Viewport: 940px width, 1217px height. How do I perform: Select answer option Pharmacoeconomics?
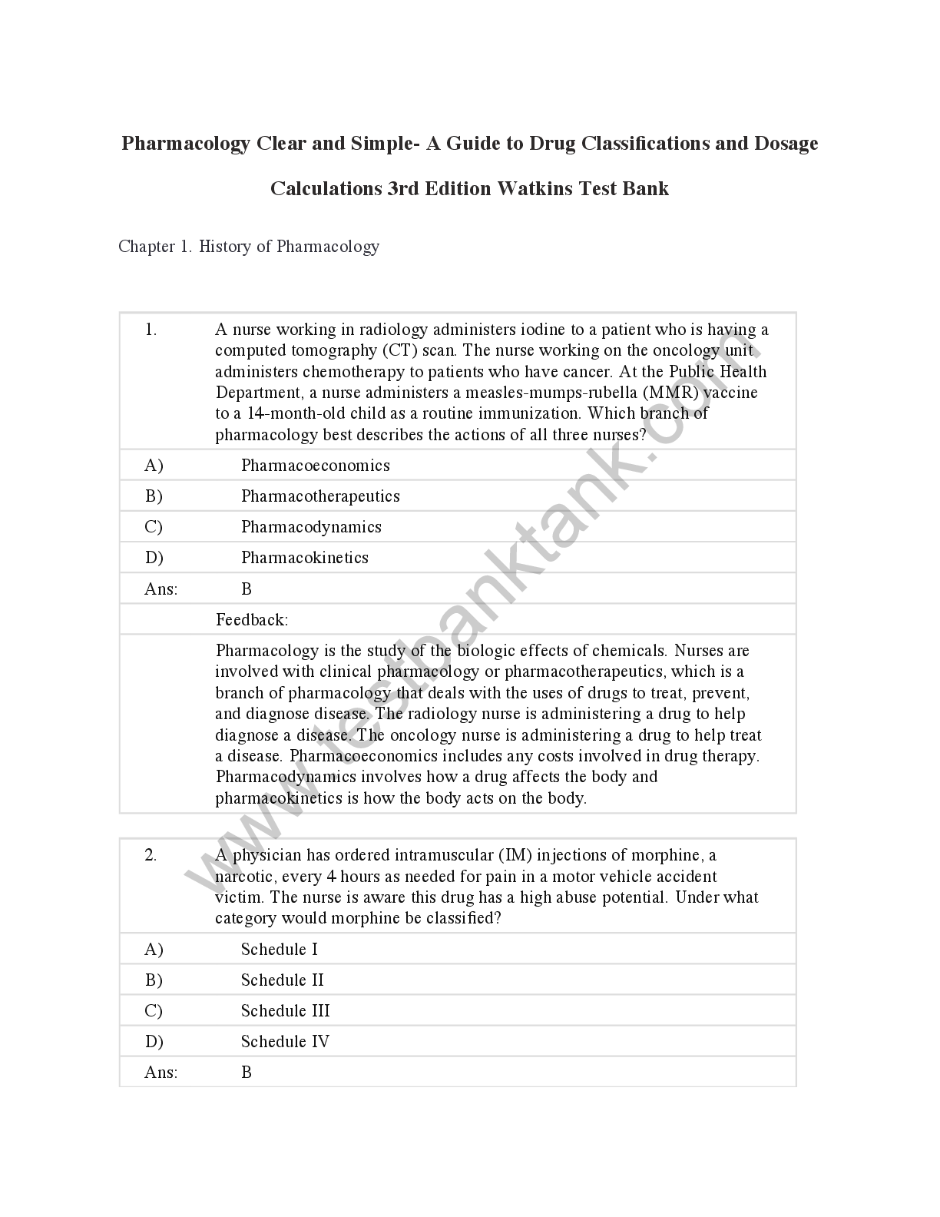pyautogui.click(x=315, y=466)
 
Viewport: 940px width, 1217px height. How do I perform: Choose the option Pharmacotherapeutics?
pyautogui.click(x=320, y=496)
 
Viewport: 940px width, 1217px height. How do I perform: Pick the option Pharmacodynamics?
pyautogui.click(x=311, y=527)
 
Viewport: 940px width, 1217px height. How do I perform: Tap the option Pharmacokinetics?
pyautogui.click(x=304, y=558)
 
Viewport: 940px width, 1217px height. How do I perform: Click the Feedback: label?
pyautogui.click(x=252, y=620)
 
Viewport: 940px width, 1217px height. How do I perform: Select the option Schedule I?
pyautogui.click(x=279, y=950)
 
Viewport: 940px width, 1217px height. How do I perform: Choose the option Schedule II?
pyautogui.click(x=282, y=980)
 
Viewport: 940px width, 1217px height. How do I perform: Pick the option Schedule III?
pyautogui.click(x=285, y=1011)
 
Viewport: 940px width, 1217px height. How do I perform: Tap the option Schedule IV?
pyautogui.click(x=285, y=1042)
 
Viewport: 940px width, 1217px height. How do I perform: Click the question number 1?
pyautogui.click(x=151, y=330)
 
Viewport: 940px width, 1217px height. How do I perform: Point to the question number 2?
pyautogui.click(x=151, y=855)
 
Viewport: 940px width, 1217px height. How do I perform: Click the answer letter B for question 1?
pyautogui.click(x=247, y=589)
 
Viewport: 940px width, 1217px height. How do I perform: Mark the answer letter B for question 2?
pyautogui.click(x=247, y=1073)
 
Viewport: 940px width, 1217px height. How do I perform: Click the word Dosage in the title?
pyautogui.click(x=786, y=144)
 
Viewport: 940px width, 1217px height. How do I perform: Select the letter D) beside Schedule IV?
pyautogui.click(x=154, y=1042)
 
